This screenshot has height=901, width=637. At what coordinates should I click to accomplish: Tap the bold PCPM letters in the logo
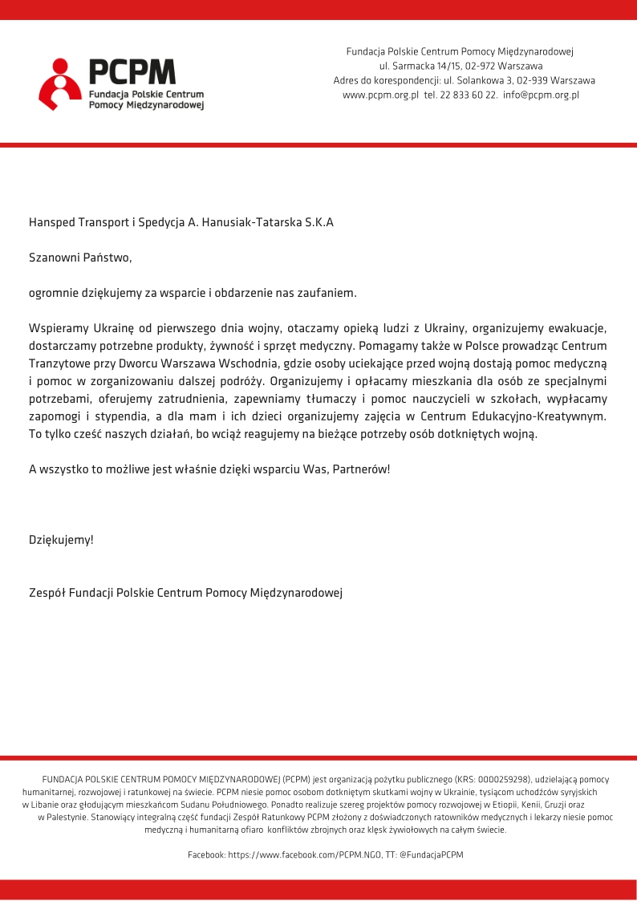coord(132,72)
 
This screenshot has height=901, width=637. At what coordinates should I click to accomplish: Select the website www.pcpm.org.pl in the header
coord(380,95)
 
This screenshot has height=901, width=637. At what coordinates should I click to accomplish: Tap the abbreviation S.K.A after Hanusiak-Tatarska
coord(318,223)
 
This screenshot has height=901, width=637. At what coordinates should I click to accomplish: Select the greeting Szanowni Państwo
coord(79,258)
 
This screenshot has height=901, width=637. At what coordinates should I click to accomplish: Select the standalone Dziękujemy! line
coord(61,540)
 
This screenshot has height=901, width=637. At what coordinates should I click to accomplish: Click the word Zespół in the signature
coord(47,593)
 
